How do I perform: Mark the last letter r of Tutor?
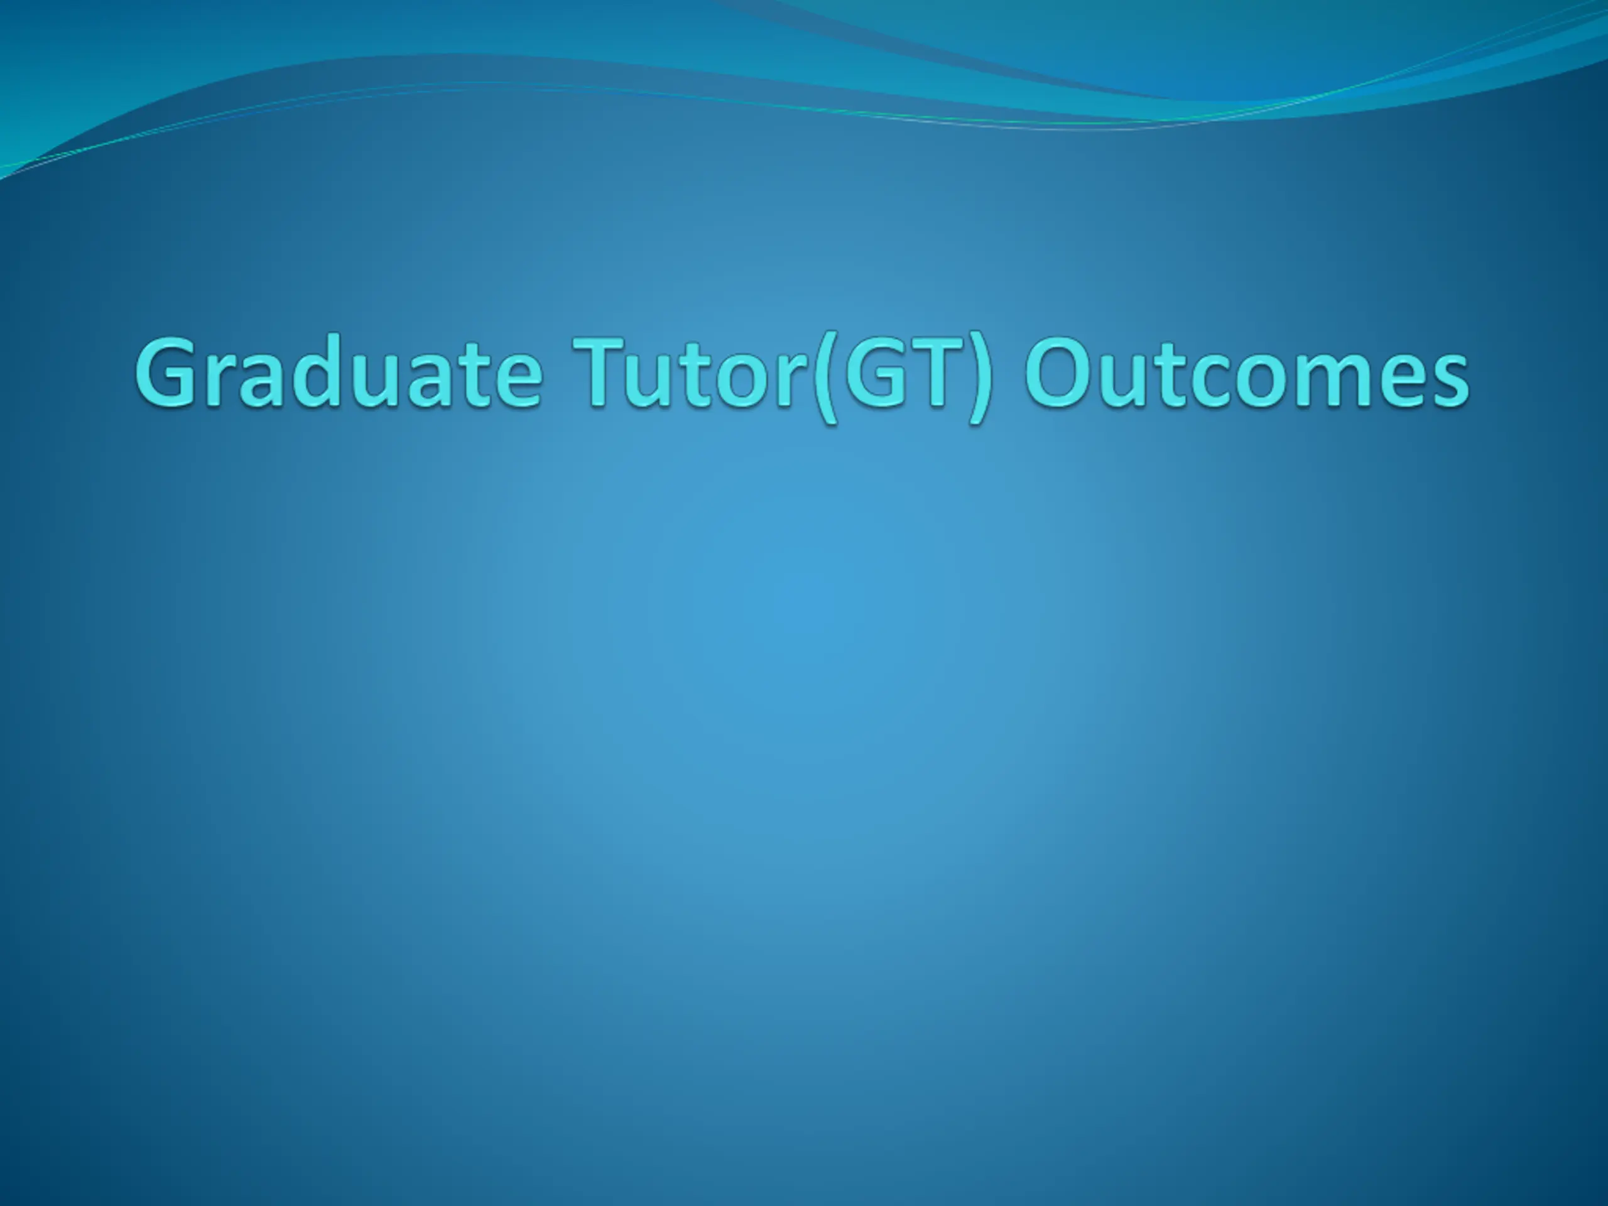795,382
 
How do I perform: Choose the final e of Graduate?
518,382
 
